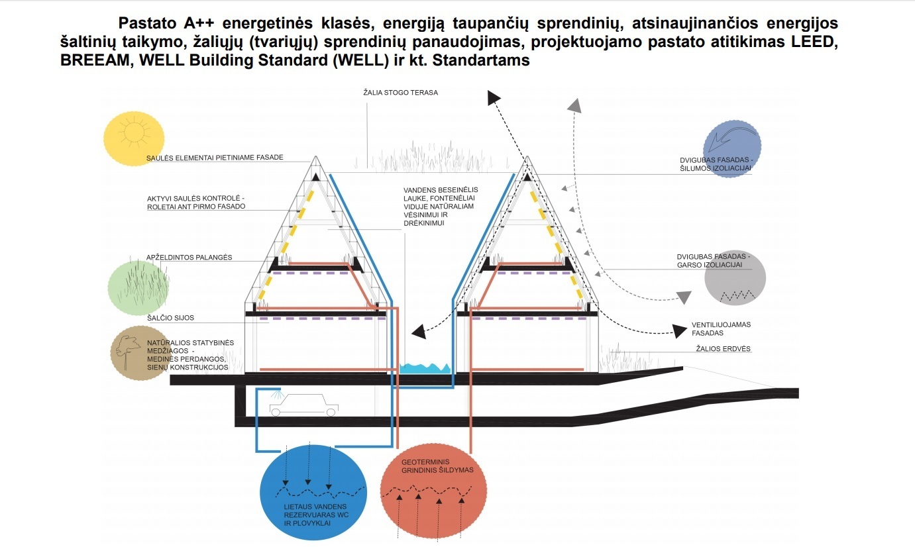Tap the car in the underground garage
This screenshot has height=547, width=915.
pos(303,403)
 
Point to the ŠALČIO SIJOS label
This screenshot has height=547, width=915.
pos(170,318)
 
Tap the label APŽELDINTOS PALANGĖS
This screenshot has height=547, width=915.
pos(189,257)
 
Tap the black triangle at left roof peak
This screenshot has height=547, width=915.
pos(316,177)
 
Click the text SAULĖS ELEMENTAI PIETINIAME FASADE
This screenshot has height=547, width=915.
pos(215,158)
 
